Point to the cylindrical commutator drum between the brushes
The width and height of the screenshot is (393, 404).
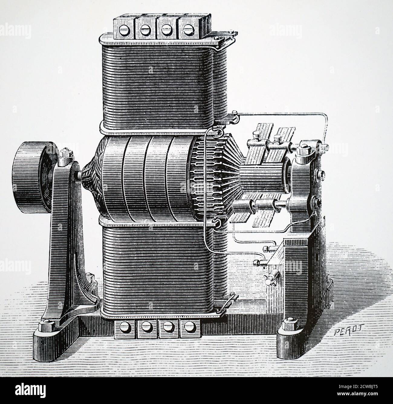click(x=260, y=181)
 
